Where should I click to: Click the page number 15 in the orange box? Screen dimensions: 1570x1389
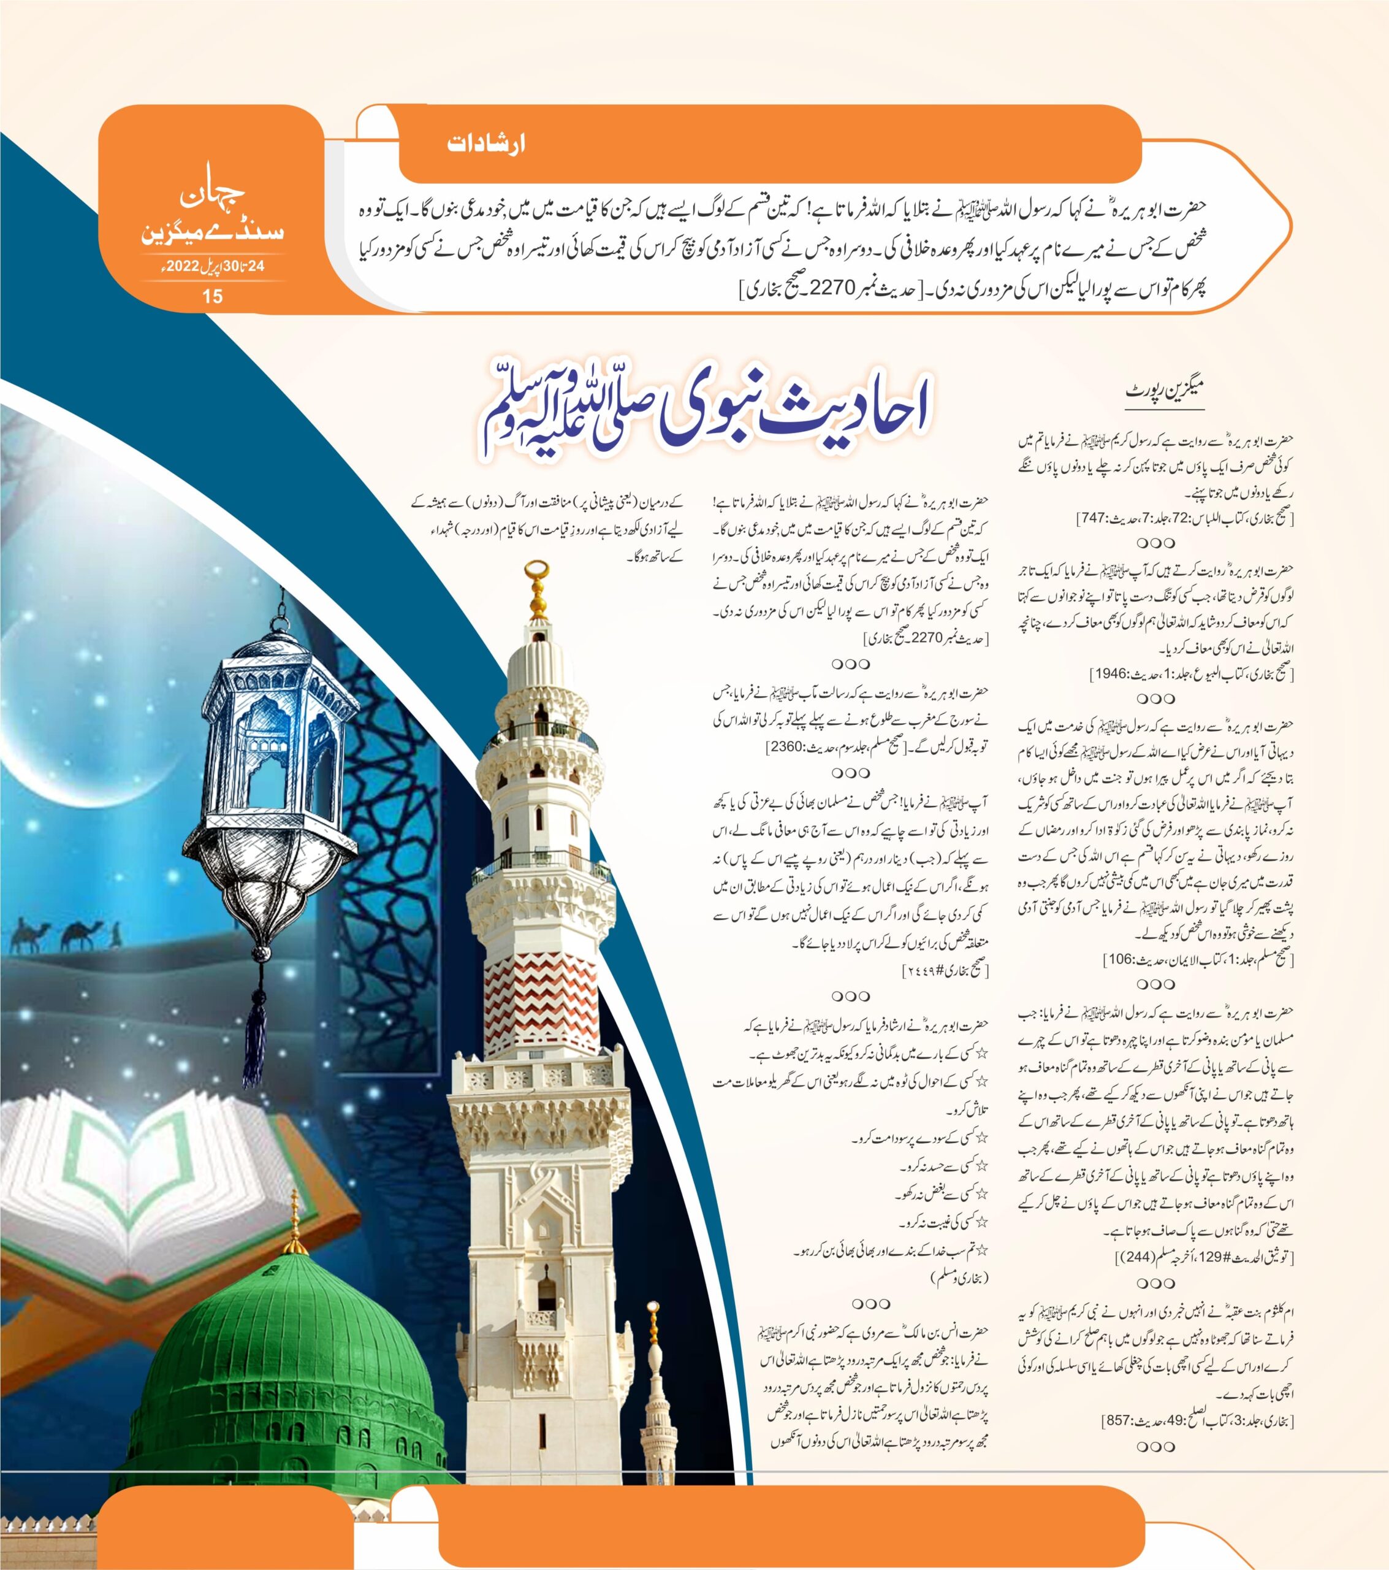[212, 296]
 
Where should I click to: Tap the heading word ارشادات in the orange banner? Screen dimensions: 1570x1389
[486, 144]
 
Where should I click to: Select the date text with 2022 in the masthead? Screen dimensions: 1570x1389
[213, 267]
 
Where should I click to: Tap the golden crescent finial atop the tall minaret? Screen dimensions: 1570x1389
[538, 572]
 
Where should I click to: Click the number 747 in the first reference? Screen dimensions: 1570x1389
[1092, 518]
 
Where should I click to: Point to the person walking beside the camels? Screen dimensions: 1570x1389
[116, 934]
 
